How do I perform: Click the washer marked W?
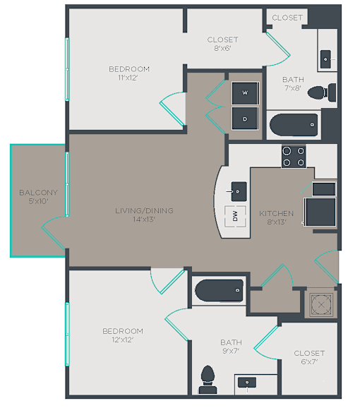(x=245, y=93)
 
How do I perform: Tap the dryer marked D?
(x=245, y=119)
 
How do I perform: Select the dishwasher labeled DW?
(x=235, y=216)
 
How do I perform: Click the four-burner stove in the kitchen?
(x=294, y=157)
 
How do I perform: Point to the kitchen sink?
(x=239, y=191)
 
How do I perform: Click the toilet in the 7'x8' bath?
(x=322, y=92)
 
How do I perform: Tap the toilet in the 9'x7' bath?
(x=208, y=380)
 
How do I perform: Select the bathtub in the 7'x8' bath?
(x=294, y=125)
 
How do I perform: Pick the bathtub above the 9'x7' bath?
(x=220, y=290)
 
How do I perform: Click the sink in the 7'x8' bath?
(x=325, y=59)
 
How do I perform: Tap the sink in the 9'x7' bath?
(x=247, y=383)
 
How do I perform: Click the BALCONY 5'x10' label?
(x=39, y=197)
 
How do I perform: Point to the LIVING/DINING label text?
(x=144, y=210)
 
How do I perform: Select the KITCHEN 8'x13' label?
(x=277, y=217)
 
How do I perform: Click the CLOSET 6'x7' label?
(x=309, y=357)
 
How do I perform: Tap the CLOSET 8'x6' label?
(x=222, y=44)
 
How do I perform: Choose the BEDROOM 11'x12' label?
(x=129, y=73)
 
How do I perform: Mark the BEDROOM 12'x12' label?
(x=123, y=335)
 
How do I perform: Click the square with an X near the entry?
(x=321, y=304)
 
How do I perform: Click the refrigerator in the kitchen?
(x=320, y=212)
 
